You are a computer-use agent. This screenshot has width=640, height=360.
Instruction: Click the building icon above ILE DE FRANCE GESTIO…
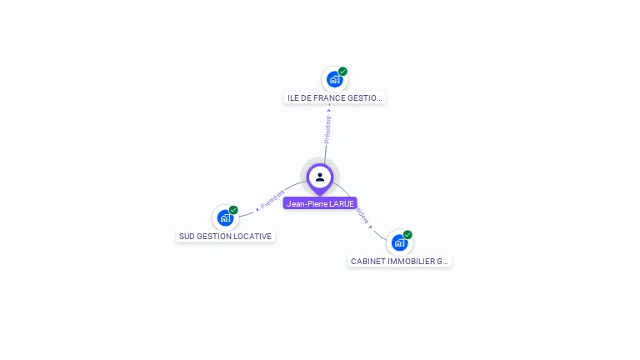pos(334,79)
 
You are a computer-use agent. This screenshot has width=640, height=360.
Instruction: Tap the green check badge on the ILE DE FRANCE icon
pos(342,72)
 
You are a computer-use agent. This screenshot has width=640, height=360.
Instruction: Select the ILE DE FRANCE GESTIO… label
pos(334,98)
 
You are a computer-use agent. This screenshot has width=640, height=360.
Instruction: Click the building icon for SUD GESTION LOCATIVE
pos(225,217)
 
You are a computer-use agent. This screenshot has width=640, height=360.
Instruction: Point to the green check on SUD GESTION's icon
pos(233,210)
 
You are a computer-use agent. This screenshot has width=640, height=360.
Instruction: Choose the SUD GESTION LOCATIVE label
pos(225,237)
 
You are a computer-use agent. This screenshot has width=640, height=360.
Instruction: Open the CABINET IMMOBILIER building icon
pos(399,242)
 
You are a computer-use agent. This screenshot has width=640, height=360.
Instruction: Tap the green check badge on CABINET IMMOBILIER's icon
pos(407,235)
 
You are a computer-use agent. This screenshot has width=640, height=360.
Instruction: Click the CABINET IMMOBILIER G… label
pos(399,262)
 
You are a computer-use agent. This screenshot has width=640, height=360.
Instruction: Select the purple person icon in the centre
pos(320,177)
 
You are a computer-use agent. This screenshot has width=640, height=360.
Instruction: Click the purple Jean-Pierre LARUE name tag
pos(320,203)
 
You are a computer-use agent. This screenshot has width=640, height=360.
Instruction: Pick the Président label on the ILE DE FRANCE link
pos(327,128)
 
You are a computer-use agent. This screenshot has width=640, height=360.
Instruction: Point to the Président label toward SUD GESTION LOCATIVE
pos(272,200)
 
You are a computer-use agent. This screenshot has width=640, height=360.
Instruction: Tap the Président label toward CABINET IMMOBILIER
pos(362,214)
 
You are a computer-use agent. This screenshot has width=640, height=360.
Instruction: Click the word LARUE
pos(342,203)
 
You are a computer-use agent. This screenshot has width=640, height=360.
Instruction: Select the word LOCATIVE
pos(253,237)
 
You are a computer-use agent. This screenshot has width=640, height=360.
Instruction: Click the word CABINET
pos(367,262)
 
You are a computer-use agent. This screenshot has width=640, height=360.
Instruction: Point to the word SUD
pos(187,237)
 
